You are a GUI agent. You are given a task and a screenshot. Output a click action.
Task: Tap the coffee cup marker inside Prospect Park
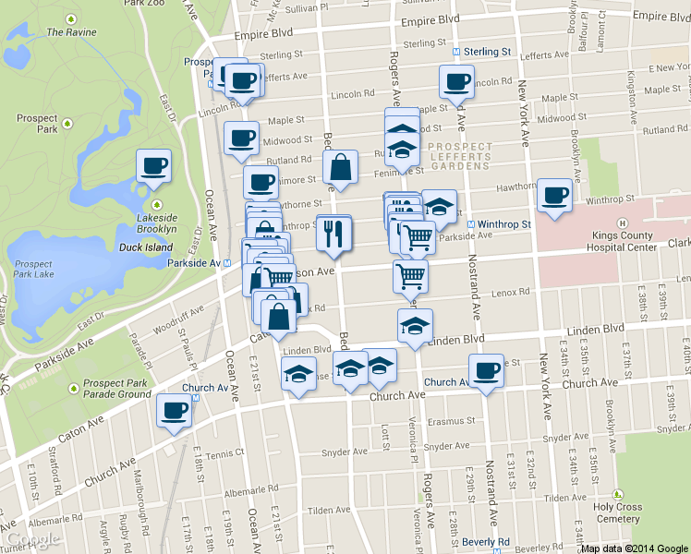point(154,166)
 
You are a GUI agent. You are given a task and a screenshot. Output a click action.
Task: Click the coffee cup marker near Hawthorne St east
point(554,196)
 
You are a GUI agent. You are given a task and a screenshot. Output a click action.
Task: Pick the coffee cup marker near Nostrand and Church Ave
point(486,371)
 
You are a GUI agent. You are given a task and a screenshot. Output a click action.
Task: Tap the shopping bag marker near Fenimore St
point(341,168)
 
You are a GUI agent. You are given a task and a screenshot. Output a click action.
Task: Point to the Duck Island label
point(146,247)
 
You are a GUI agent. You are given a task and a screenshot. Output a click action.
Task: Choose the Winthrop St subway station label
point(503,224)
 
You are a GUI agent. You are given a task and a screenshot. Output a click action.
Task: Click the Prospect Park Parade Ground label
point(116,389)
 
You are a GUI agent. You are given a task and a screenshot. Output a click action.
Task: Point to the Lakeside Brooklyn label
point(155,222)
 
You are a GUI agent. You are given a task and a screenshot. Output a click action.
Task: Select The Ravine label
point(70,32)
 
